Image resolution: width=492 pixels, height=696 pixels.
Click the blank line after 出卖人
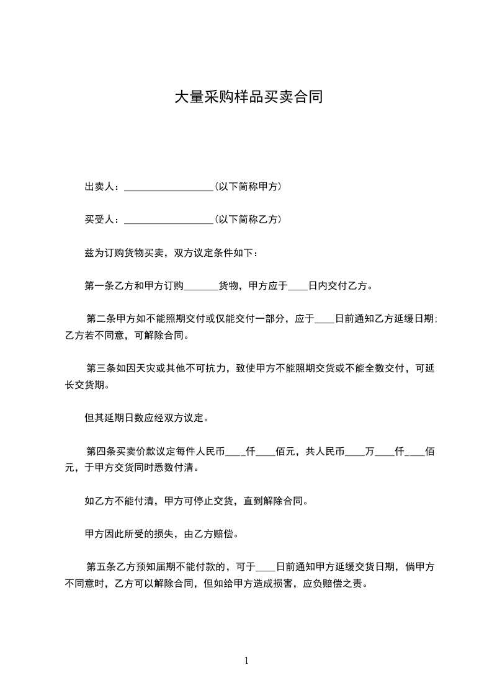click(x=169, y=186)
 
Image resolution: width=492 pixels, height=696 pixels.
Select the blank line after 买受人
click(x=169, y=220)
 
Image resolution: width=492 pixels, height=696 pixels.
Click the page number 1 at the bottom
click(x=246, y=661)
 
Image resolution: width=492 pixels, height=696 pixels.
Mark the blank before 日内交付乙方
click(x=298, y=287)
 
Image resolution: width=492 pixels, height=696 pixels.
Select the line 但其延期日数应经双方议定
click(x=146, y=418)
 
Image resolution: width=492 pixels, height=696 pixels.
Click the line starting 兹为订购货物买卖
click(x=169, y=253)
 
